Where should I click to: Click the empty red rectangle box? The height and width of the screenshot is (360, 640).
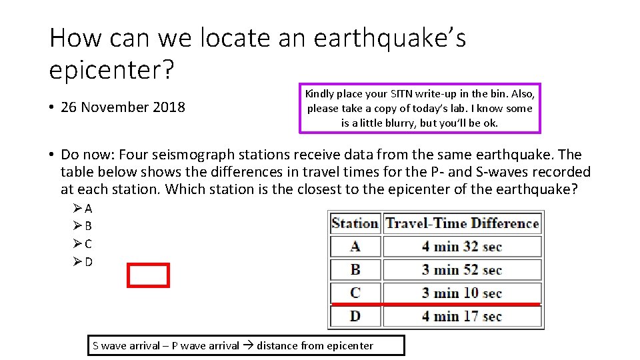[x=148, y=275]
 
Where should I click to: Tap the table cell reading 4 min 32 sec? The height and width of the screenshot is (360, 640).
[x=461, y=247]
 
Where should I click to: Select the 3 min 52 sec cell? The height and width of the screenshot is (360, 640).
[x=461, y=270]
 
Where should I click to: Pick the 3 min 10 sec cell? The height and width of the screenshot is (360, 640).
[x=461, y=293]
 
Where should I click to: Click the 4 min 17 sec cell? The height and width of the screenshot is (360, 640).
[x=461, y=316]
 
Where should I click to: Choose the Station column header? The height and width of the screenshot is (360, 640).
[x=355, y=223]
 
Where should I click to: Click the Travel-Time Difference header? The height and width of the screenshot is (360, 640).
[x=462, y=223]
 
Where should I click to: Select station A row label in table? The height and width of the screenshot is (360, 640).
[x=355, y=247]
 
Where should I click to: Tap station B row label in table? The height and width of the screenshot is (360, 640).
[x=355, y=270]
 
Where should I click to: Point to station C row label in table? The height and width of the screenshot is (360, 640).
[x=355, y=293]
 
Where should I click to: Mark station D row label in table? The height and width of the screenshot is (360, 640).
[x=355, y=316]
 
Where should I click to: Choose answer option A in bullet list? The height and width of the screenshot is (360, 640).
[x=89, y=209]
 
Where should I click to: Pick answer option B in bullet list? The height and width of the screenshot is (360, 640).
[x=89, y=226]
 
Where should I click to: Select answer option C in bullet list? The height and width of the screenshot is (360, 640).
[x=89, y=244]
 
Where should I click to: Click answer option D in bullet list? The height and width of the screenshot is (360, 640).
[x=89, y=262]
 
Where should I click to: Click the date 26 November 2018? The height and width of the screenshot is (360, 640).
[x=123, y=107]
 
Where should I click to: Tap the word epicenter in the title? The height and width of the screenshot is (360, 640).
[x=107, y=69]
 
